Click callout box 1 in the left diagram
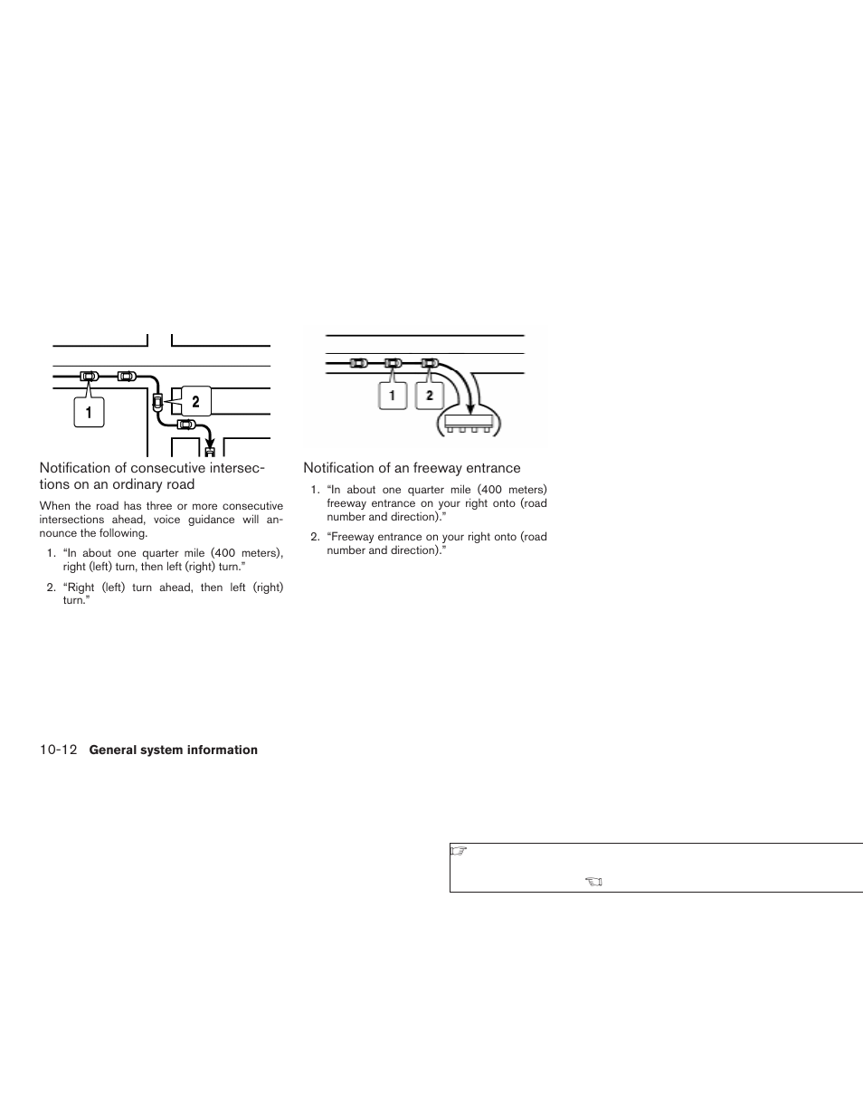click(x=89, y=412)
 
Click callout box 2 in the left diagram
click(x=195, y=402)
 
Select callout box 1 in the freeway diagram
click(x=393, y=396)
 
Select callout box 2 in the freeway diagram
click(x=430, y=396)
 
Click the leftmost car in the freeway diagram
click(x=358, y=363)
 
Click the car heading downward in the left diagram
click(x=157, y=400)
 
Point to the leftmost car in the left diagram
click(x=89, y=376)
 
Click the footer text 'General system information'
click(x=174, y=750)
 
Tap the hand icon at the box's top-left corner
click(x=457, y=851)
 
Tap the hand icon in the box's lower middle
click(x=593, y=881)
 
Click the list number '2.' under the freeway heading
click(x=315, y=537)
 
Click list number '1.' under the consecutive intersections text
click(x=52, y=553)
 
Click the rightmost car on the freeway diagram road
click(x=430, y=363)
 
